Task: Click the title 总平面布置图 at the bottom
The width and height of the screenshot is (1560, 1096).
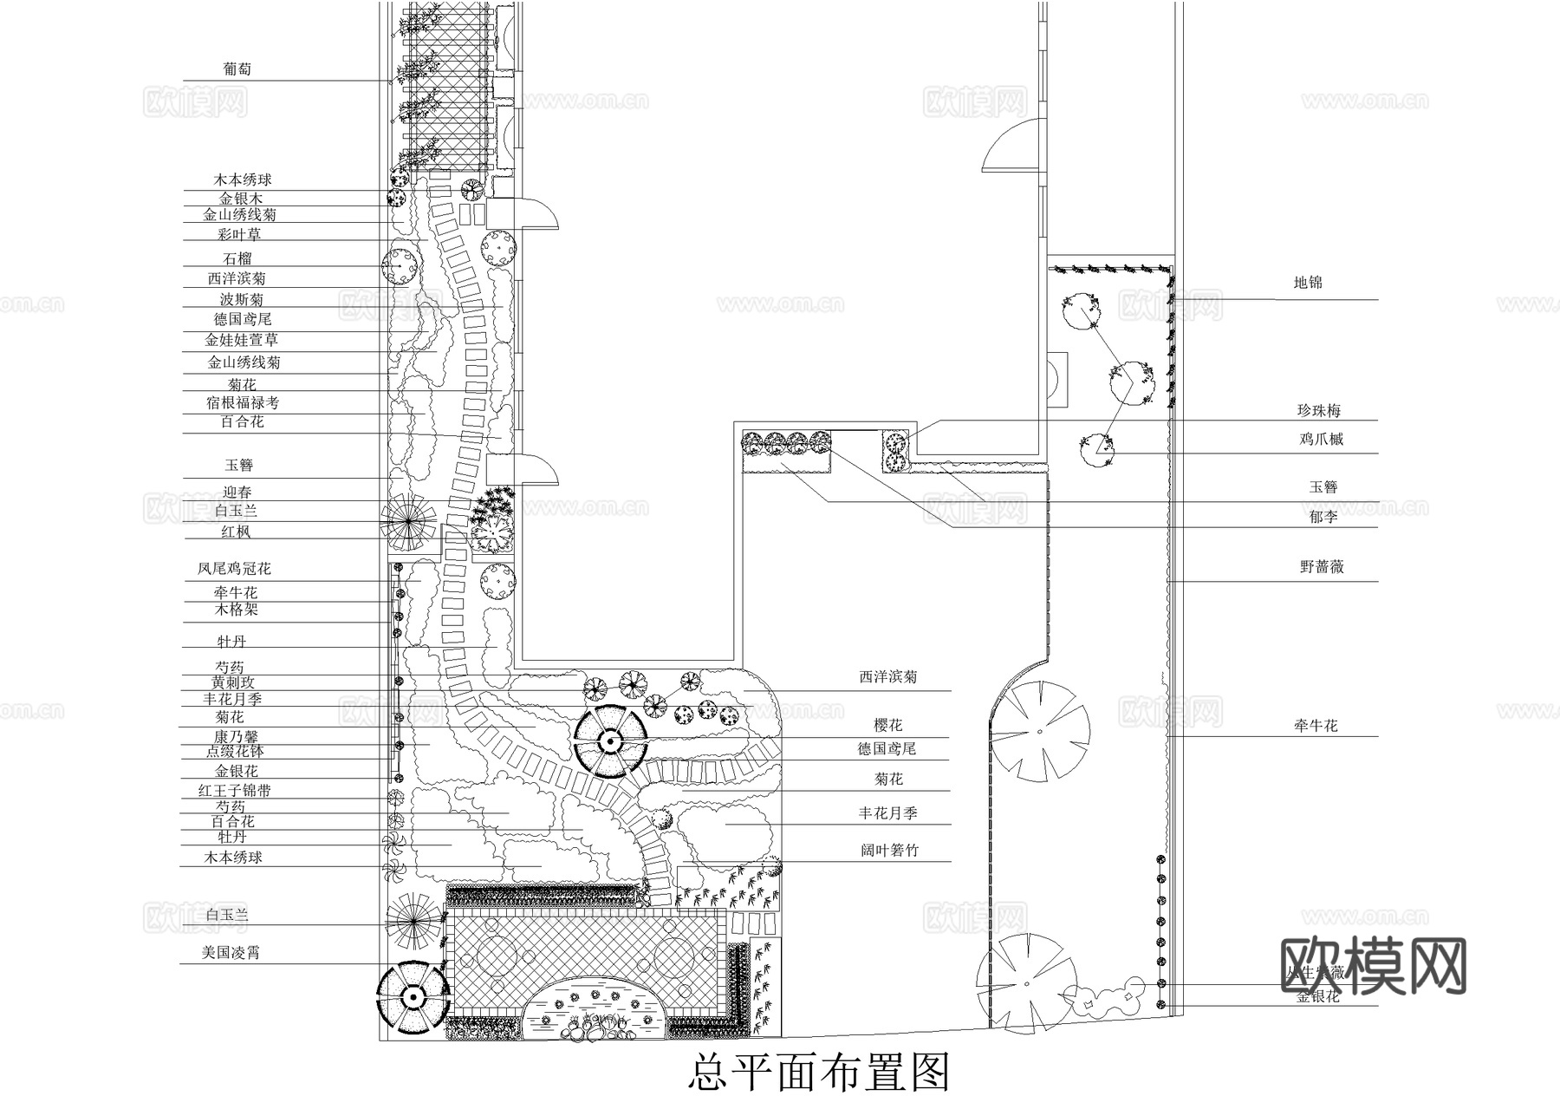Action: pyautogui.click(x=819, y=1073)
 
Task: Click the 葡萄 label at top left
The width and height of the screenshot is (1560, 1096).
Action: pyautogui.click(x=237, y=69)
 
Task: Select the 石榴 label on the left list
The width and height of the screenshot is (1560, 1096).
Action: pyautogui.click(x=237, y=258)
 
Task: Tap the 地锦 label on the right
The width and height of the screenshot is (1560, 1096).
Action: pyautogui.click(x=1308, y=283)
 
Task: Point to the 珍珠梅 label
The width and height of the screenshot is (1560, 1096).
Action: pyautogui.click(x=1319, y=411)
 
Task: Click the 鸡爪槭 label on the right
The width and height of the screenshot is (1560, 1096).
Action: pyautogui.click(x=1321, y=440)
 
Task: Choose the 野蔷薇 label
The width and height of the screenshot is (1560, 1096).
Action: pyautogui.click(x=1322, y=567)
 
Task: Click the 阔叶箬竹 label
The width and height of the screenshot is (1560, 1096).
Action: pyautogui.click(x=889, y=851)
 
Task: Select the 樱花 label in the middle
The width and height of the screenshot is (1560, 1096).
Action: pyautogui.click(x=888, y=726)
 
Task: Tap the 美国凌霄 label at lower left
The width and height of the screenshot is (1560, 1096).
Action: pyautogui.click(x=231, y=953)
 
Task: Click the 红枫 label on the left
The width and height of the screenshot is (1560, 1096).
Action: pyautogui.click(x=235, y=532)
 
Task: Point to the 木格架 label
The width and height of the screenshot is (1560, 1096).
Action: pyautogui.click(x=237, y=610)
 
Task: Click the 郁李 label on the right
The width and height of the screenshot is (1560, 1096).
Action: pyautogui.click(x=1323, y=517)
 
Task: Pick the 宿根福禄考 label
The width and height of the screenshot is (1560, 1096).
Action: pyautogui.click(x=243, y=402)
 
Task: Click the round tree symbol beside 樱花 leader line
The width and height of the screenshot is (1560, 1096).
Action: pyautogui.click(x=609, y=741)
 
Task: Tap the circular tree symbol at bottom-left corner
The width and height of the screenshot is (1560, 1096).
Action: pyautogui.click(x=413, y=999)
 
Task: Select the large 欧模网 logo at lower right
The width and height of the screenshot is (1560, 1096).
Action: pyautogui.click(x=1373, y=965)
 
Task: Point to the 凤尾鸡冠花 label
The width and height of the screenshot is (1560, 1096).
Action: pyautogui.click(x=234, y=570)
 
